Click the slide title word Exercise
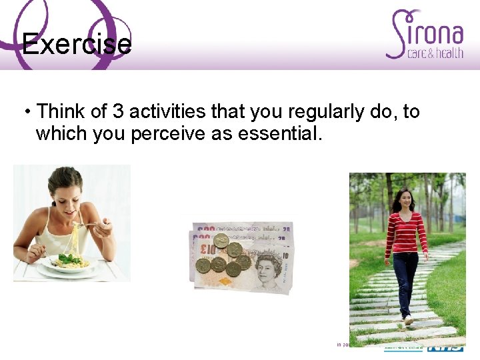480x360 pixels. coord(77,45)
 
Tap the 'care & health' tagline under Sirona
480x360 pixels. coord(435,53)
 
